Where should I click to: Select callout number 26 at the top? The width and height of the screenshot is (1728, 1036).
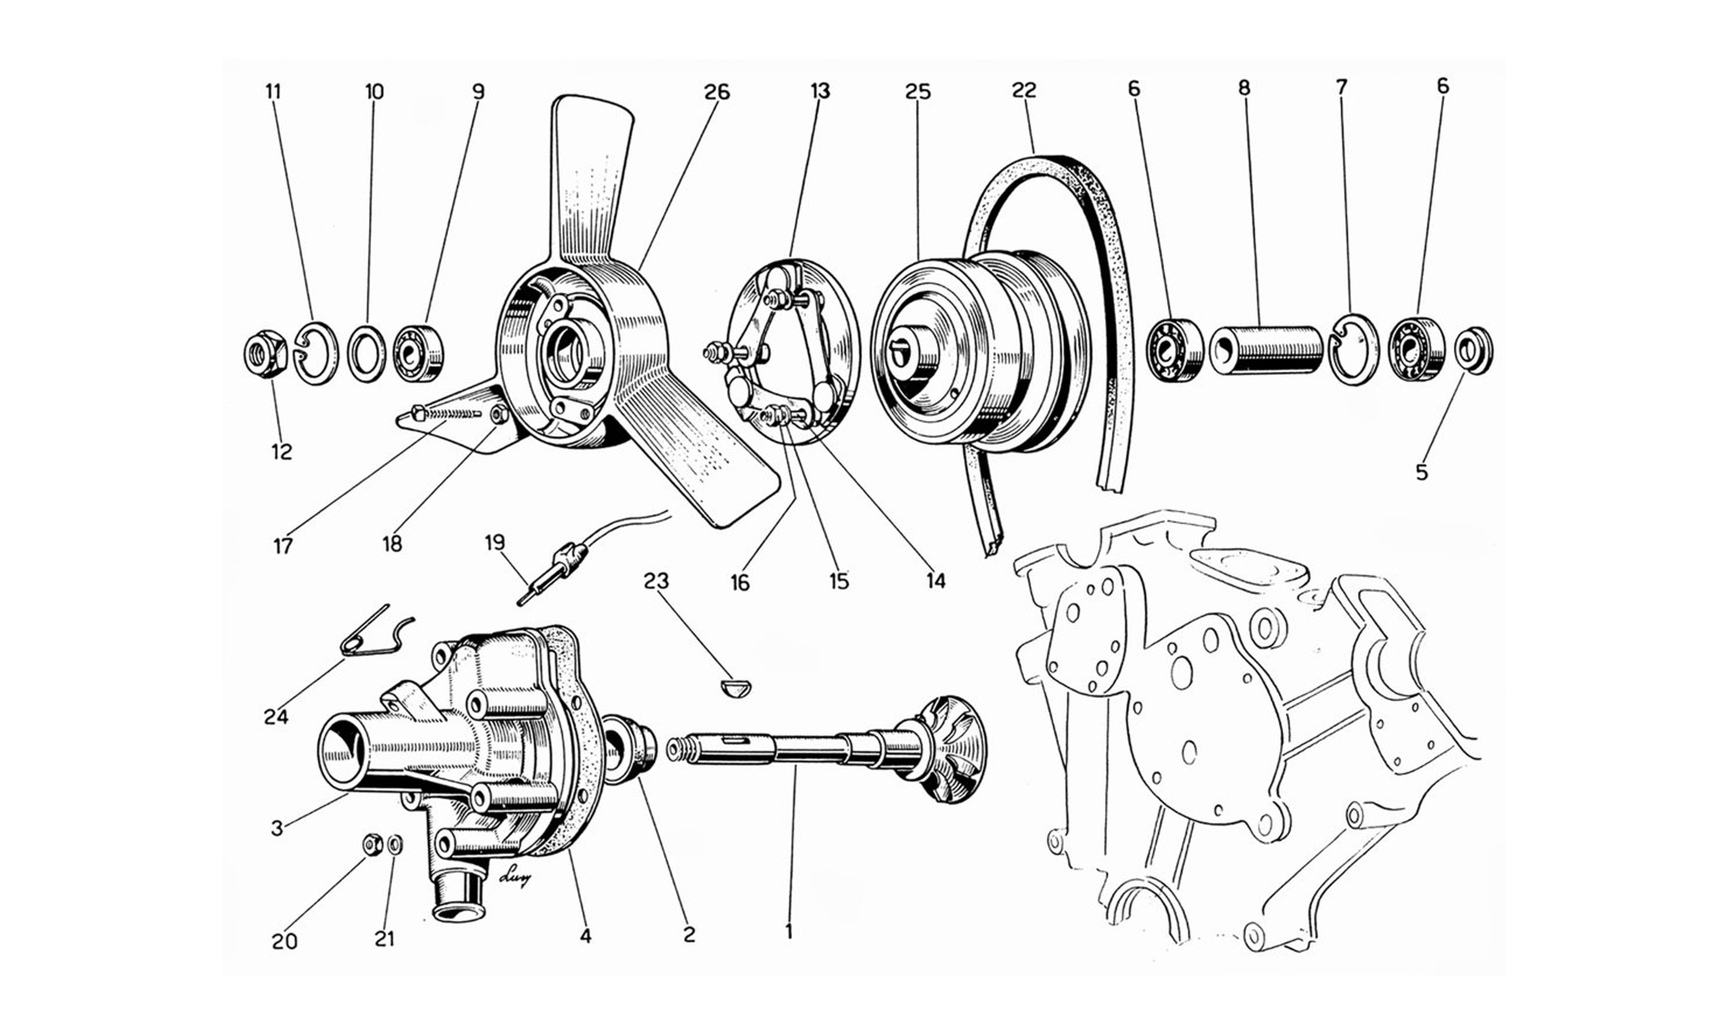[x=717, y=92]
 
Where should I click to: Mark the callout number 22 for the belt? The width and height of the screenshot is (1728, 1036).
[x=1023, y=91]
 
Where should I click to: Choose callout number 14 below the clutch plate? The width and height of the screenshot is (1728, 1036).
[x=935, y=580]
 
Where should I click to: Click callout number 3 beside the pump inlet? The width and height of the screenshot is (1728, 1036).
[x=277, y=829]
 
